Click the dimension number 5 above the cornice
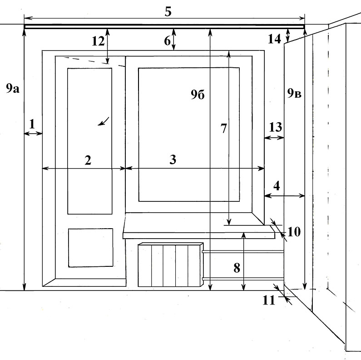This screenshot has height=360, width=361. click(168, 11)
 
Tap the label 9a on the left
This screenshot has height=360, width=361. click(12, 89)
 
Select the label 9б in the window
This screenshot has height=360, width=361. click(198, 95)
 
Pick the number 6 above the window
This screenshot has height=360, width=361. click(167, 41)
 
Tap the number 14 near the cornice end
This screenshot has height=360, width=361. click(274, 39)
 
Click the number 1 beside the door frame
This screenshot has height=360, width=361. click(32, 124)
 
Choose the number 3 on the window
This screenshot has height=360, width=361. click(173, 160)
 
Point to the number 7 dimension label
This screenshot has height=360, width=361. click(223, 129)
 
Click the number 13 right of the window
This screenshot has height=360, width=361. click(275, 127)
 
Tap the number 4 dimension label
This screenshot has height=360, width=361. click(277, 185)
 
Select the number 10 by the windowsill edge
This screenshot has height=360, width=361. click(294, 232)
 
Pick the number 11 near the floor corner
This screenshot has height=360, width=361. click(269, 300)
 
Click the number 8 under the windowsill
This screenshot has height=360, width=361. click(237, 268)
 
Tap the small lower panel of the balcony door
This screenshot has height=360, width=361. click(90, 247)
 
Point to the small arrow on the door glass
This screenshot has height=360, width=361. click(104, 121)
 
